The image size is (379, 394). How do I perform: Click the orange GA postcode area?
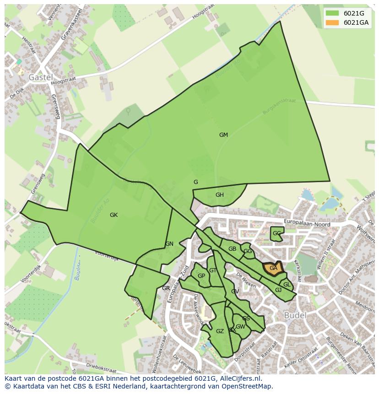coord(273,269)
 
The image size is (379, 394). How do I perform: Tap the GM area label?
coord(223,135)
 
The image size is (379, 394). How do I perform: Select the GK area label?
coord(114,215)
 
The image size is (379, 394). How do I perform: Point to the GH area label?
coord(220,195)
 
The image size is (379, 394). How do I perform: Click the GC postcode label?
coord(276,233)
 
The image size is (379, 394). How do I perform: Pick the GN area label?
coord(169,244)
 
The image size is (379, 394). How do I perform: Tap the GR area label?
coord(166,288)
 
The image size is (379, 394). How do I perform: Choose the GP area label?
coord(201,276)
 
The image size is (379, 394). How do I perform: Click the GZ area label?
coord(220,331)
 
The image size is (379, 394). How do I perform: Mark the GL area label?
coord(287,285)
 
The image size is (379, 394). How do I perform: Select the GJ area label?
coord(278,290)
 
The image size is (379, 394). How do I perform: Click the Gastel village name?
coord(40,77)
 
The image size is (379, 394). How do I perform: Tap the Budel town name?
coord(295,315)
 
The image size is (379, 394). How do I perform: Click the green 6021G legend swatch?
coord(332,13)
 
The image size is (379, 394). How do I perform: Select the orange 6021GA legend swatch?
coord(332,23)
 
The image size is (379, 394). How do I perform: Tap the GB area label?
coord(232,249)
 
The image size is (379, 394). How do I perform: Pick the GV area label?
coord(235,291)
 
